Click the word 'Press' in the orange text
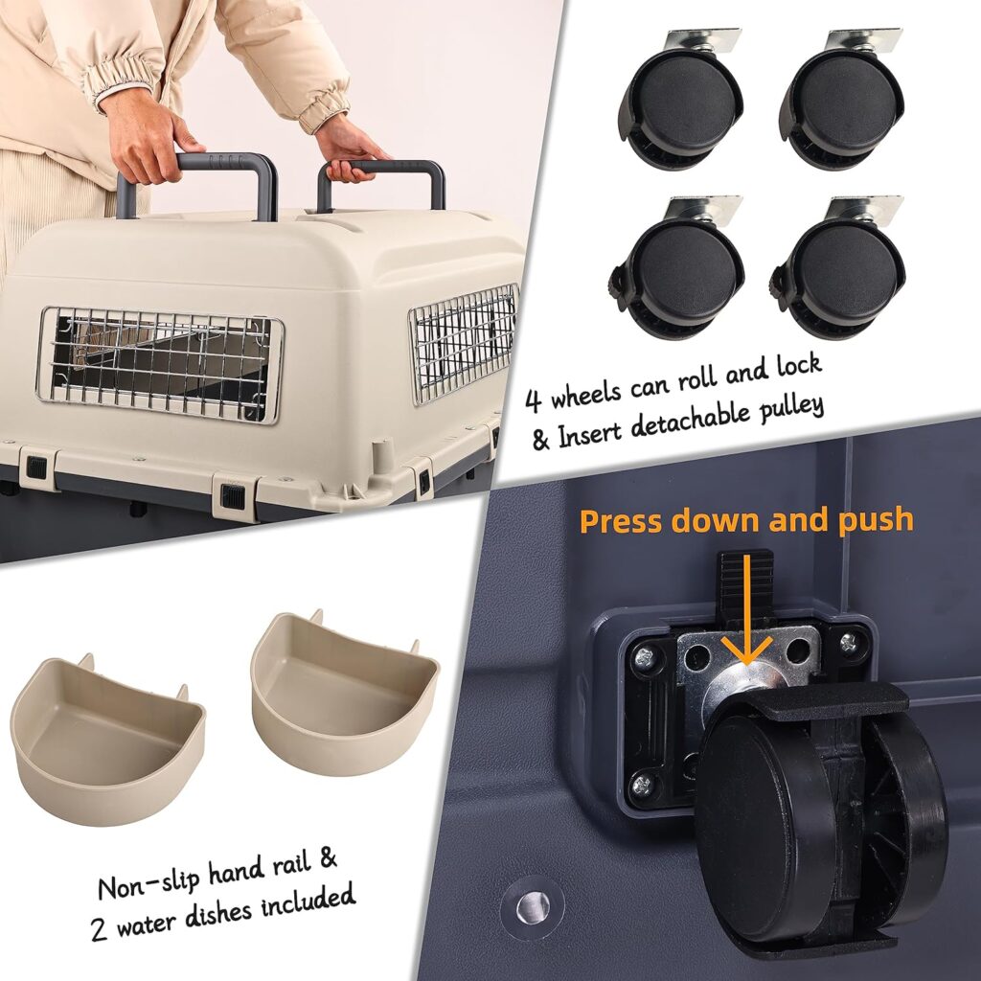tap(622, 521)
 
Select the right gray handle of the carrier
tap(383, 177)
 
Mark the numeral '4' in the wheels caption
tap(535, 395)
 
